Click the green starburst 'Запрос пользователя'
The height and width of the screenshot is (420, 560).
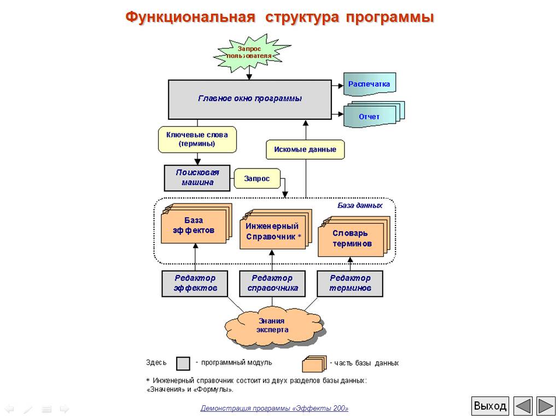[x=250, y=54]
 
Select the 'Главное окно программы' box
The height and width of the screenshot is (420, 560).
[x=249, y=100]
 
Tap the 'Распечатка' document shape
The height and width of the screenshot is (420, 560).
[x=370, y=84]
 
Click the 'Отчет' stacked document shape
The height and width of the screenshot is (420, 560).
[x=374, y=114]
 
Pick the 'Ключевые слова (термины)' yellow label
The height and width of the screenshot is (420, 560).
[x=197, y=139]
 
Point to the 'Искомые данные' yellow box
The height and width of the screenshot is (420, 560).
[x=305, y=149]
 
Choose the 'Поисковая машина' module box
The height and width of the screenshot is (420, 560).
[x=197, y=178]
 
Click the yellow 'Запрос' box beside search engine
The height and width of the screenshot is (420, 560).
[x=257, y=178]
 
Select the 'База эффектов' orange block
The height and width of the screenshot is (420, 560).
[x=196, y=224]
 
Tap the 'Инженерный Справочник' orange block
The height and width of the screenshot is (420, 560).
[x=276, y=230]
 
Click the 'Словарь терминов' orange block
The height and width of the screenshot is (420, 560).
[x=354, y=236]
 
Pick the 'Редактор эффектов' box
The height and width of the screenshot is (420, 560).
[x=195, y=284]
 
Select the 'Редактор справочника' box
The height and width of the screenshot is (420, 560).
[x=272, y=284]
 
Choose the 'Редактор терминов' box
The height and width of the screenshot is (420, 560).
[x=350, y=284]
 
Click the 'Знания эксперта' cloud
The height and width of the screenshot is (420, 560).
[x=273, y=326]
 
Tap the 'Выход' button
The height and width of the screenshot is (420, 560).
[x=490, y=406]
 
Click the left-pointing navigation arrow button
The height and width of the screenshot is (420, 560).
[x=523, y=406]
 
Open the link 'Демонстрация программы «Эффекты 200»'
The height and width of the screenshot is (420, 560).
[x=275, y=408]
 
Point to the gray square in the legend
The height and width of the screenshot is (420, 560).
[x=183, y=364]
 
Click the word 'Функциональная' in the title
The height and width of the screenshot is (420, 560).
[x=190, y=17]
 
